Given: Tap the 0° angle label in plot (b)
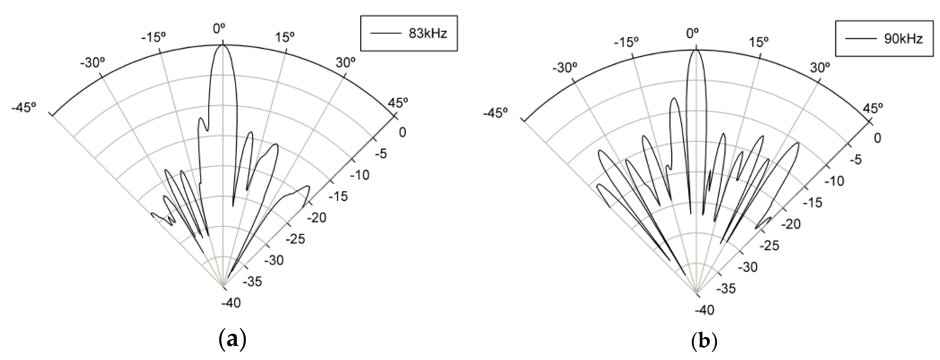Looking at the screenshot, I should (692, 34).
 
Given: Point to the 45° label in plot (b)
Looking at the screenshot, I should (873, 108).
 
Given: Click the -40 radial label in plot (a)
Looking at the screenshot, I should (231, 303).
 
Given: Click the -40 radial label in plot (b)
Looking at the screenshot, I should (704, 310).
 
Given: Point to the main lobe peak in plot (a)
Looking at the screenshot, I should (223, 46).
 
